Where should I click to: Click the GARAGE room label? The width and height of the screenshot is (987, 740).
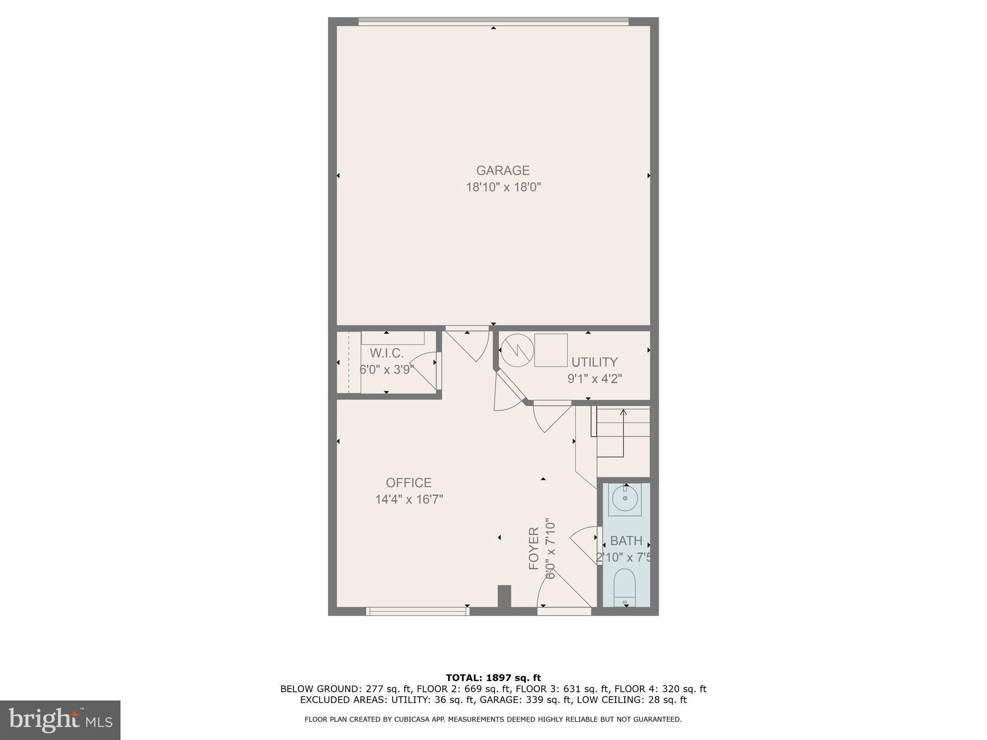(x=503, y=171)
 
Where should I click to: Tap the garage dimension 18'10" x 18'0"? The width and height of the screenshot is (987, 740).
(x=503, y=187)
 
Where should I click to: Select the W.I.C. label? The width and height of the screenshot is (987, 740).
(x=387, y=354)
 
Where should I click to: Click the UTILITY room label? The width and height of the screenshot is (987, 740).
(x=594, y=362)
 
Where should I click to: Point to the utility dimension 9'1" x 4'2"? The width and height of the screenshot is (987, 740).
(x=594, y=379)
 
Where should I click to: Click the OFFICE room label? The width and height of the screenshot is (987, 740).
(x=409, y=483)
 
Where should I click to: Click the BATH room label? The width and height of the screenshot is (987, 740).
(x=626, y=541)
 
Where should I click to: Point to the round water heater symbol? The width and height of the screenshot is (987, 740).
(x=517, y=350)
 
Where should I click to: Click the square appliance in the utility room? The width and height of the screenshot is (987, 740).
(x=551, y=350)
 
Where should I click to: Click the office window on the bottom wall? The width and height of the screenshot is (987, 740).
(x=417, y=611)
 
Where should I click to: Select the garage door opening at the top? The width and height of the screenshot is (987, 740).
(x=493, y=21)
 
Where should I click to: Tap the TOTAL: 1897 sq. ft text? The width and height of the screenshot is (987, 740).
(x=493, y=678)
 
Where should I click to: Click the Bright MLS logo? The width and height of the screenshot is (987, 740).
(x=60, y=720)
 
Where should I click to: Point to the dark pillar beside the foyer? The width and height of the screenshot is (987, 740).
(x=504, y=596)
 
